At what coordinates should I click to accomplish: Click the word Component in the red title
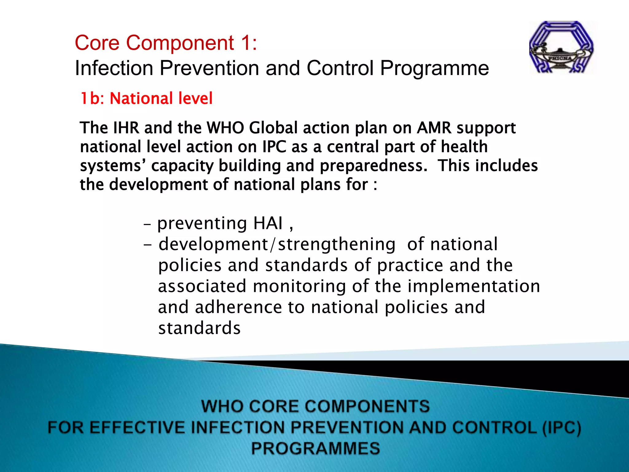coord(180,43)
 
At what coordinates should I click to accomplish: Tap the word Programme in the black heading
coord(434,68)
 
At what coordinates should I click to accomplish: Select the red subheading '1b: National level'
coord(146,99)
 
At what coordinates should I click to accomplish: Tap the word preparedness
coord(373,166)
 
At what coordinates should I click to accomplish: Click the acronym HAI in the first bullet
coord(268,223)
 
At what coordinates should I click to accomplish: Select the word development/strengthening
coord(277,244)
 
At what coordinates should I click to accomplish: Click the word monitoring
coord(299,286)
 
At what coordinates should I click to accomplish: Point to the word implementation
coord(473,286)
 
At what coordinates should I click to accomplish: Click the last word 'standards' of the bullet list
coord(199,328)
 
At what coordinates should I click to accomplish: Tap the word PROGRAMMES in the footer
coord(315,448)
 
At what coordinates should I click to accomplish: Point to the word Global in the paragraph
coord(273,128)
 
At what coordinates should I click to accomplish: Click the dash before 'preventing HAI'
coord(147,225)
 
